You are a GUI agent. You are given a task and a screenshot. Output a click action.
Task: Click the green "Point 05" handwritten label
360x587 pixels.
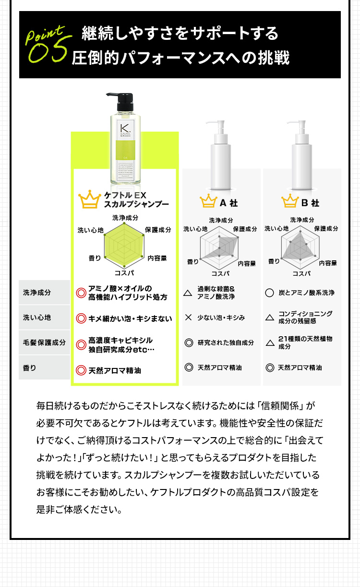pyautogui.click(x=47, y=44)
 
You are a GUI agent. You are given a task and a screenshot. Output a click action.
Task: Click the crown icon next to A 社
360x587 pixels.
pyautogui.click(x=209, y=202)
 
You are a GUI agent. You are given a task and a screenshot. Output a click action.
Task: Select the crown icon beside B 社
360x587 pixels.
pyautogui.click(x=290, y=202)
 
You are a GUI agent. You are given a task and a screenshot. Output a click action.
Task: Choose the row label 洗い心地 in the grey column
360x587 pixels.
pyautogui.click(x=37, y=318)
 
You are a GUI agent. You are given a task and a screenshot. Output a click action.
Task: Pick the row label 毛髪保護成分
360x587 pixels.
pyautogui.click(x=44, y=343)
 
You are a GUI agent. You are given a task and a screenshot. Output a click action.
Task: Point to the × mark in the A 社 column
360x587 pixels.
pyautogui.click(x=189, y=318)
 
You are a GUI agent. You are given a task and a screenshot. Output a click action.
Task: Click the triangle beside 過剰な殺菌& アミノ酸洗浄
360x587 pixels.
pyautogui.click(x=189, y=293)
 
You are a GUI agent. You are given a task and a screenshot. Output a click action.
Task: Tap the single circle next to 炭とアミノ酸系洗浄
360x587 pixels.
pyautogui.click(x=269, y=293)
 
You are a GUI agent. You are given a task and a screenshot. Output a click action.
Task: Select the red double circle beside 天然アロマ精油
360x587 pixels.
pyautogui.click(x=81, y=370)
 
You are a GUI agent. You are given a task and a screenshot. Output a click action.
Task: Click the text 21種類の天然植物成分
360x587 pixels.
pyautogui.click(x=305, y=342)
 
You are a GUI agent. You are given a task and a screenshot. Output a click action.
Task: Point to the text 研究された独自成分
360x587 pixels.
pyautogui.click(x=226, y=343)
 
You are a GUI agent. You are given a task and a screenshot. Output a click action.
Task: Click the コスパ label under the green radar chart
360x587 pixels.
pyautogui.click(x=124, y=273)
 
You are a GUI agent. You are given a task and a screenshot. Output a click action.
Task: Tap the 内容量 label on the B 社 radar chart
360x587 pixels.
pyautogui.click(x=328, y=263)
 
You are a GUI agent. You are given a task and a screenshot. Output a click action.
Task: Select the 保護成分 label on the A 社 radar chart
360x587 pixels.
pyautogui.click(x=245, y=229)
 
